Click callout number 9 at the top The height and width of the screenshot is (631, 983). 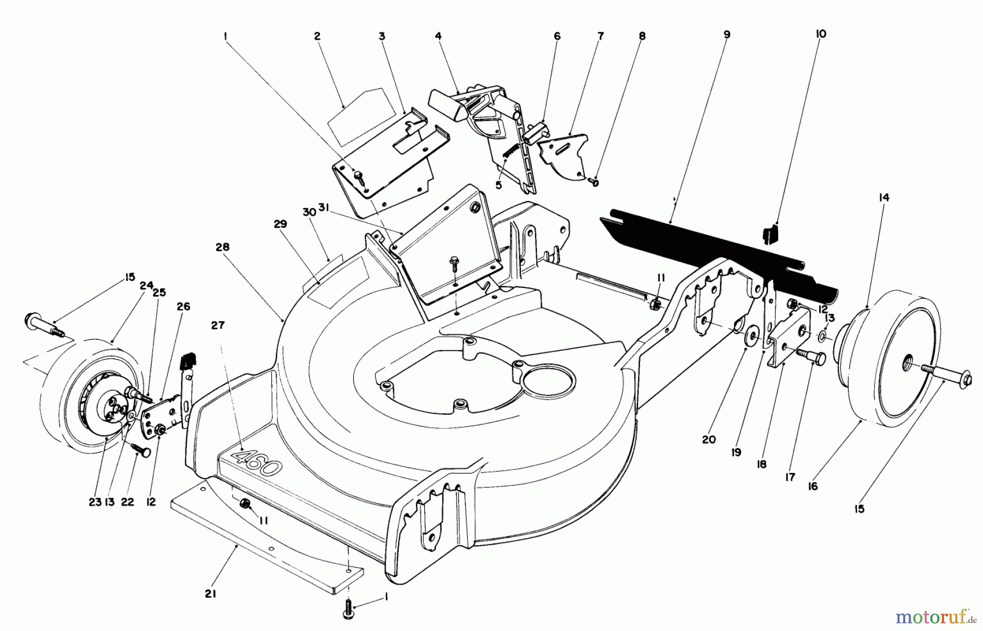click(726, 34)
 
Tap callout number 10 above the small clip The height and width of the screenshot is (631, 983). click(821, 34)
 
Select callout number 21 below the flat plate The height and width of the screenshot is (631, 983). click(211, 594)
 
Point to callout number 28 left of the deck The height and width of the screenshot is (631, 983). click(222, 247)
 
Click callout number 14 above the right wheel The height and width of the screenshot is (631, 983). click(884, 198)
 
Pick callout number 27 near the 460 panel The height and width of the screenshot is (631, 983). click(218, 326)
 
